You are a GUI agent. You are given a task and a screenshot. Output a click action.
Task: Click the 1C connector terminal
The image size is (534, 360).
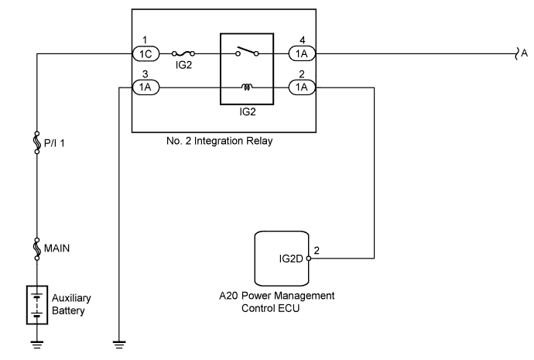click(x=145, y=54)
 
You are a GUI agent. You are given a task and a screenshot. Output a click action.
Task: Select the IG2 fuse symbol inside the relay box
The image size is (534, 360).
click(x=183, y=53)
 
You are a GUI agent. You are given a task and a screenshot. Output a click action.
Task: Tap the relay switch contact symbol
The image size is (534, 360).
click(x=247, y=51)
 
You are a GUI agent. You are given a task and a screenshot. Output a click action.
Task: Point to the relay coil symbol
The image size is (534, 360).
click(x=247, y=87)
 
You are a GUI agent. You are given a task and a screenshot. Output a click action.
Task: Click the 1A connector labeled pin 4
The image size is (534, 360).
click(x=302, y=54)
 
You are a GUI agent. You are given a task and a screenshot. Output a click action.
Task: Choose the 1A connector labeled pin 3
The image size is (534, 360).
click(x=145, y=87)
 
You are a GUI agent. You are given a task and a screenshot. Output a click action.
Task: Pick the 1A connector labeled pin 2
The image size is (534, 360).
click(x=302, y=87)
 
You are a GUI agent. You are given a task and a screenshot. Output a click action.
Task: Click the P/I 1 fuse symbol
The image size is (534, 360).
click(x=37, y=142)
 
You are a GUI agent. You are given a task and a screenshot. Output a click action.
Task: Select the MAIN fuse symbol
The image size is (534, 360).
click(x=37, y=249)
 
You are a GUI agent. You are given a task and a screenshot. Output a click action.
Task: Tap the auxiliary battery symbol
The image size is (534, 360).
click(x=37, y=305)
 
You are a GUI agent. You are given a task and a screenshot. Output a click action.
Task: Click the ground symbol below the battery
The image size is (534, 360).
click(x=37, y=345)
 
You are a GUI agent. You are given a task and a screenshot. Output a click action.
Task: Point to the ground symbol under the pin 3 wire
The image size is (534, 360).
click(x=119, y=345)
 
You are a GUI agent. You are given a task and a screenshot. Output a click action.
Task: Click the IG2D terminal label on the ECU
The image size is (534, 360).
click(x=291, y=259)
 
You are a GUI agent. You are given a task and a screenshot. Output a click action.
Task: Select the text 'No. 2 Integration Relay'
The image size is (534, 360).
click(x=219, y=141)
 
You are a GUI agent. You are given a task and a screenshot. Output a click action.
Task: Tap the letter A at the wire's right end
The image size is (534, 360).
click(x=525, y=53)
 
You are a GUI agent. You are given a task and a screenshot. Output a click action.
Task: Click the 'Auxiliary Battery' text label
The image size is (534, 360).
click(x=71, y=304)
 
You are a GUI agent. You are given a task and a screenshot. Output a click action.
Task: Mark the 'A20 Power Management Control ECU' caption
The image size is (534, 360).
click(x=276, y=302)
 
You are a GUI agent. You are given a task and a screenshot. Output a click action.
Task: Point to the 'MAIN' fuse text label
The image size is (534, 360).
click(x=56, y=249)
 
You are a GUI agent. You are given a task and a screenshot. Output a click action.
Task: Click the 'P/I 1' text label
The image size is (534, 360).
click(x=54, y=143)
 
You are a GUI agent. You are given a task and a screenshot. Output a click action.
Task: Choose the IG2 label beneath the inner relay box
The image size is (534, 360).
click(x=247, y=111)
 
